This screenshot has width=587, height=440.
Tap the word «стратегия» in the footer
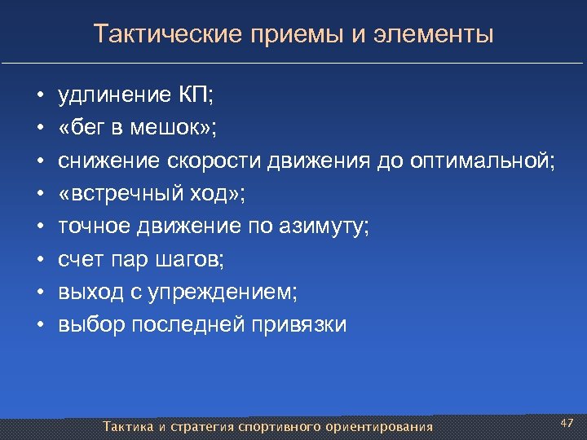202,427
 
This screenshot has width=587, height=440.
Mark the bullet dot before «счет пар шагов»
39,260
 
